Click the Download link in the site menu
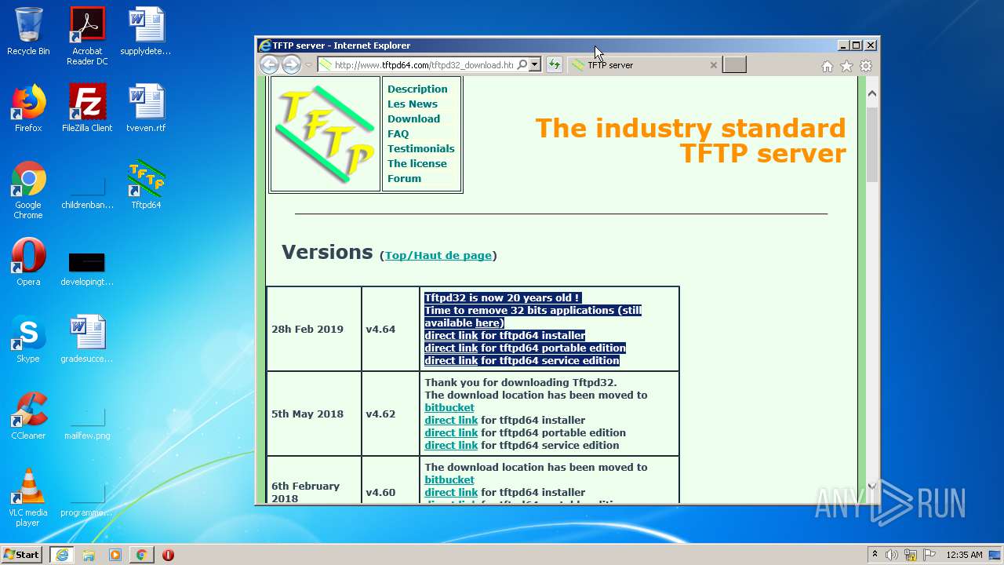click(x=413, y=118)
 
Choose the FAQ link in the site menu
click(x=398, y=133)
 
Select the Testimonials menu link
click(x=420, y=148)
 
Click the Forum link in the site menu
click(x=404, y=178)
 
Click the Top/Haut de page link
click(x=438, y=255)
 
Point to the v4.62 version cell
click(x=380, y=414)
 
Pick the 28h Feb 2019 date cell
click(x=307, y=329)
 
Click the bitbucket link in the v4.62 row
click(x=449, y=407)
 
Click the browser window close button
click(x=871, y=46)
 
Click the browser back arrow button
click(x=269, y=65)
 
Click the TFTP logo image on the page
click(x=325, y=133)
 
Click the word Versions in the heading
click(x=327, y=252)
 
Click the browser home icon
click(x=827, y=66)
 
